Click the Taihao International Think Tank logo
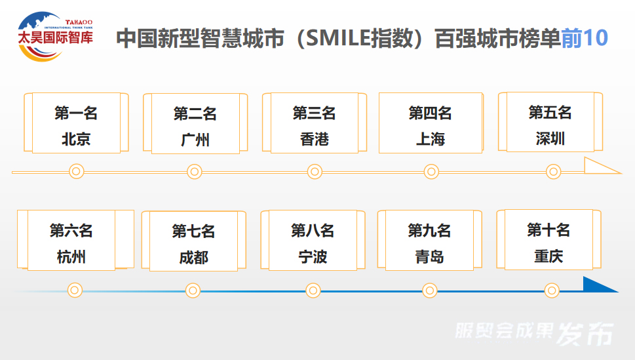click(x=55, y=36)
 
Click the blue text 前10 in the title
click(x=585, y=38)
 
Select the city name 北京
click(x=76, y=139)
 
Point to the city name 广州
click(x=195, y=140)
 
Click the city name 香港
click(x=314, y=139)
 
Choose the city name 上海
click(x=431, y=139)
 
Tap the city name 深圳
click(x=550, y=138)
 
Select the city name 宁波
click(x=313, y=256)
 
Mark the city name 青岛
click(x=429, y=256)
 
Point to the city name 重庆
click(x=548, y=256)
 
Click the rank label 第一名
click(x=76, y=113)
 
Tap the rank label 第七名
click(x=193, y=231)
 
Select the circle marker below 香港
click(x=315, y=172)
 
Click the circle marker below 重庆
click(x=552, y=290)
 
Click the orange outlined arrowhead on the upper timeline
click(x=601, y=166)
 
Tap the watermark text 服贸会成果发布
click(x=534, y=334)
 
